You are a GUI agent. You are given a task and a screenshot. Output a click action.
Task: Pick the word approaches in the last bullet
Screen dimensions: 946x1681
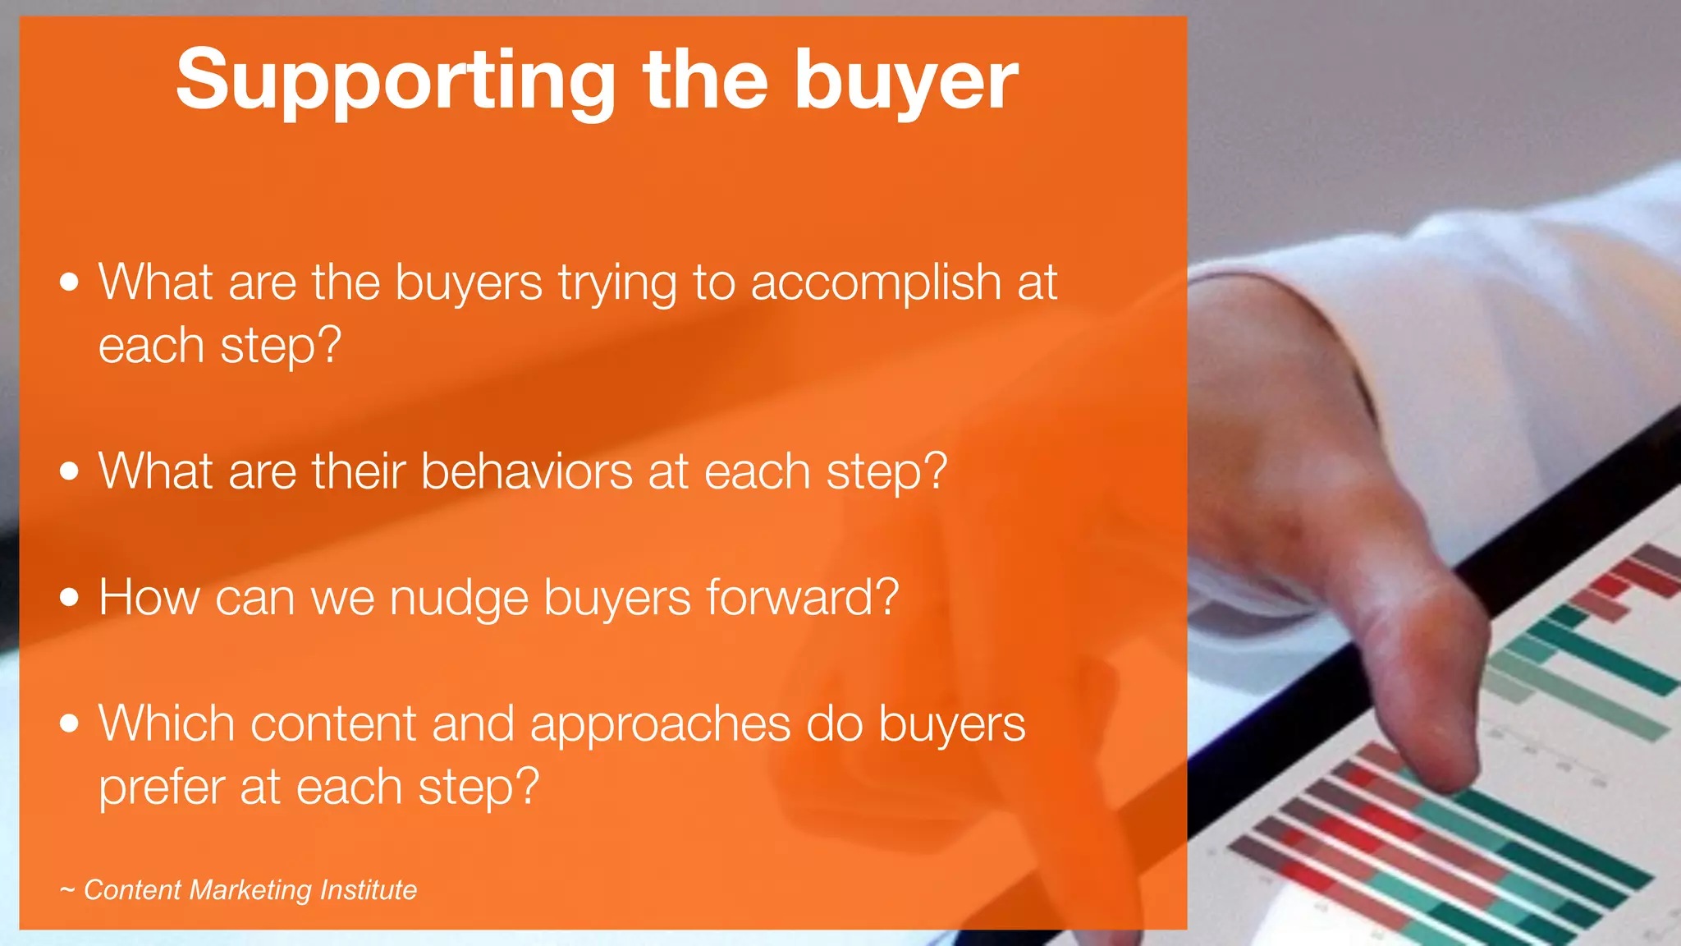click(660, 724)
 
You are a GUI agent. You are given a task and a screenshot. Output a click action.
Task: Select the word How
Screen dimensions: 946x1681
click(149, 597)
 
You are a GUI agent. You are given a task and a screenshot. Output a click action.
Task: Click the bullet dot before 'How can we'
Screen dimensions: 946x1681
click(70, 597)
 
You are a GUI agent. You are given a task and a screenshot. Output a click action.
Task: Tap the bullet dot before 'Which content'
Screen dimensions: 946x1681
click(70, 723)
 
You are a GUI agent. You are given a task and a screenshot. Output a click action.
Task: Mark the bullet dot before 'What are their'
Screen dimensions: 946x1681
click(70, 471)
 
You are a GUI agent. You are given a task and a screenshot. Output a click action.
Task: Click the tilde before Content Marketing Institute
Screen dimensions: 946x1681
click(67, 890)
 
